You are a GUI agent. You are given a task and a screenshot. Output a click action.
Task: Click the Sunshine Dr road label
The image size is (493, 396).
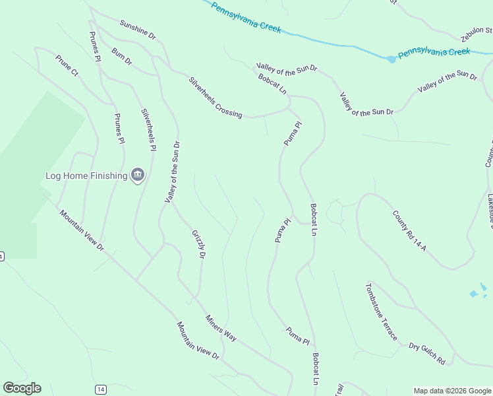[x=137, y=29]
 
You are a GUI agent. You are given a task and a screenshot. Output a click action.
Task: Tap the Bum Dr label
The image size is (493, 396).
[x=122, y=56]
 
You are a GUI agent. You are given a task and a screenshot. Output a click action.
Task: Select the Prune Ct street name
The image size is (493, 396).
[x=67, y=65]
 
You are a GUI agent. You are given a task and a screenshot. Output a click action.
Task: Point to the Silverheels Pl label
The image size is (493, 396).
[x=148, y=130]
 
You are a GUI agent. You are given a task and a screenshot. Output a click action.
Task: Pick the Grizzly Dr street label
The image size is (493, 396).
[x=200, y=244]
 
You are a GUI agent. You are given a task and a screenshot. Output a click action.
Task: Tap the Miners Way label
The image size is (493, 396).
[x=221, y=327]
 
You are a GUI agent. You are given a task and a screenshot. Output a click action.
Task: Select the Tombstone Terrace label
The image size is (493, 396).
[x=382, y=312]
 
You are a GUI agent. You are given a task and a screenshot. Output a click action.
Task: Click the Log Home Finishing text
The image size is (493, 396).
[x=86, y=176]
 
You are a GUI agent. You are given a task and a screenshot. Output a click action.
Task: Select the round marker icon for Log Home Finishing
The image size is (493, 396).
[x=138, y=175]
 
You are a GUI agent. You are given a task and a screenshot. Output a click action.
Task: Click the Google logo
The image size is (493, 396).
[x=22, y=388]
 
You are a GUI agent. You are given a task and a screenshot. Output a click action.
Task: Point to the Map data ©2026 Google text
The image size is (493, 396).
[x=452, y=391]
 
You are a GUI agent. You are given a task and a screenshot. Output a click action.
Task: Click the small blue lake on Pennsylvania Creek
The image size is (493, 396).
[x=391, y=59]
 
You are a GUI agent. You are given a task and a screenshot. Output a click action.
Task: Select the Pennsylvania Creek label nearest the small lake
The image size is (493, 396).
[x=434, y=51]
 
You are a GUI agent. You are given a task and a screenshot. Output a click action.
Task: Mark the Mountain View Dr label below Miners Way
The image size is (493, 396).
[x=197, y=341]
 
